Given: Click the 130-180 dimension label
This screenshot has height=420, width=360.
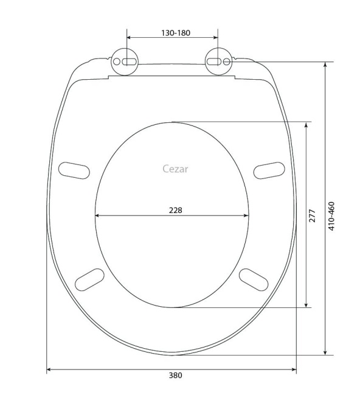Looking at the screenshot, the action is point(175,33).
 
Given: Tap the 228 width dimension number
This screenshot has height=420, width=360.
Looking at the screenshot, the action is point(175,210).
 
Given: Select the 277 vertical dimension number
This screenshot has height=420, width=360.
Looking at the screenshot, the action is point(312,216).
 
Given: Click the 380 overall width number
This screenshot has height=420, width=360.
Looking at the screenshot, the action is point(175,376).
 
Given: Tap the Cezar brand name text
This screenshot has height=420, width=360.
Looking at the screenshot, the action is point(175,169).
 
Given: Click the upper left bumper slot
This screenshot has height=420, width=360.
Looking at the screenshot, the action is point(74,170).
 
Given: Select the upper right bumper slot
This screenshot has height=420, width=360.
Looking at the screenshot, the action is point(269,170).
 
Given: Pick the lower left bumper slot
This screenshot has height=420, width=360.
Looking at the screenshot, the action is point(89,279).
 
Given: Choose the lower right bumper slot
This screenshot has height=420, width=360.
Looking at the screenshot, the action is point(254,279).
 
